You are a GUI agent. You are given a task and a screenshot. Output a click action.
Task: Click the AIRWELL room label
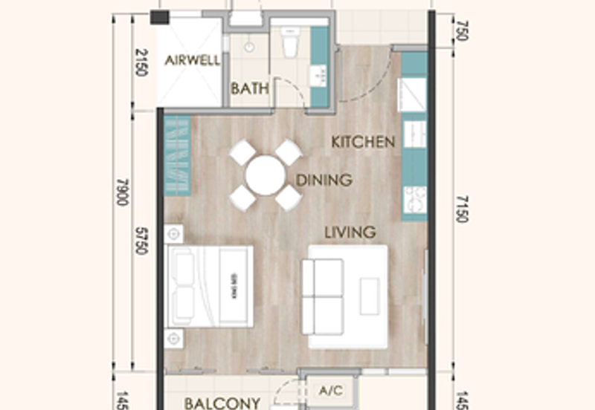(x=193, y=60)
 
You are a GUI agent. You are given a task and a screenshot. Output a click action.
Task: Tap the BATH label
(x=249, y=88)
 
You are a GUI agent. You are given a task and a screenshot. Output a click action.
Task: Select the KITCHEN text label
(x=363, y=141)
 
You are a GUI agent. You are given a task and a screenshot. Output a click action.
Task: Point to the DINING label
(x=324, y=180)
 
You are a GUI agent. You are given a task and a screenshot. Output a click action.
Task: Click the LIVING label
(x=350, y=232)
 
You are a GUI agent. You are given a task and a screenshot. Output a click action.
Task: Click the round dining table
(x=266, y=176)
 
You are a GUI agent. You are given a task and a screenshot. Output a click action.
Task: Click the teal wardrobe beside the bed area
(x=178, y=156)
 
